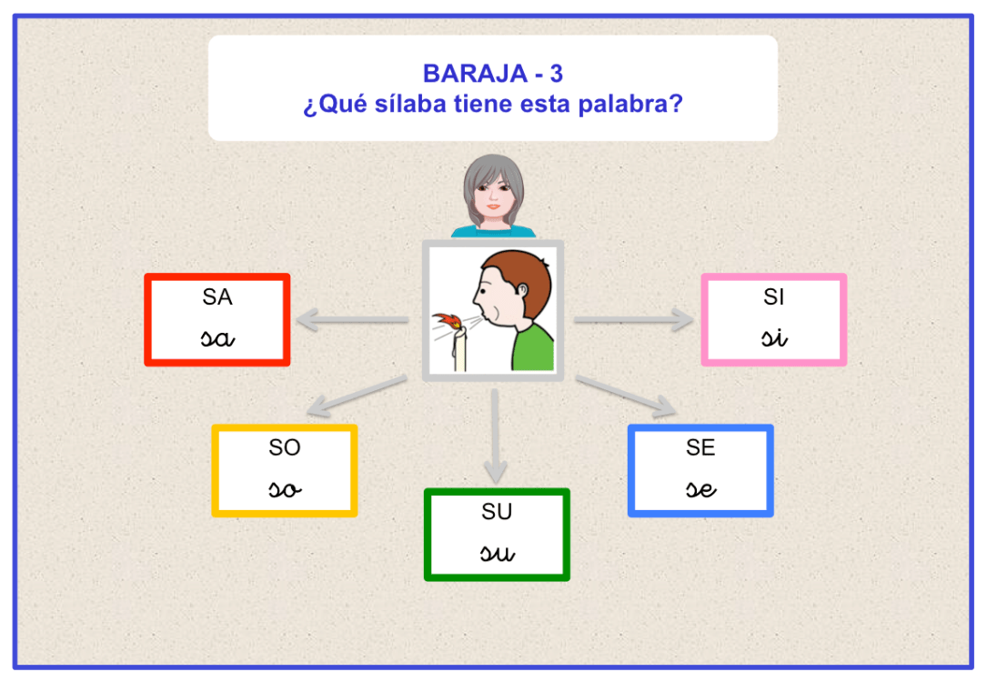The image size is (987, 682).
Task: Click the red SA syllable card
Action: pos(217,320)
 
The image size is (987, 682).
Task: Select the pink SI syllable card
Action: pos(774,320)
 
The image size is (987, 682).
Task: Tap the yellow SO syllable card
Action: pos(285,471)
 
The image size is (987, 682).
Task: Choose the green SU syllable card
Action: pos(497,535)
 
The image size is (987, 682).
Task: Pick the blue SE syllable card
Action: pos(700,471)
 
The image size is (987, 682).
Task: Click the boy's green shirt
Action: pos(534,350)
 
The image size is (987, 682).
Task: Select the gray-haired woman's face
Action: pos(494,194)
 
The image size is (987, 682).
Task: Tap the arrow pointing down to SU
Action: pos(494,436)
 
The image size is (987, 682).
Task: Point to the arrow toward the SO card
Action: pos(355,396)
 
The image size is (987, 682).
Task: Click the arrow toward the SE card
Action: pos(628,395)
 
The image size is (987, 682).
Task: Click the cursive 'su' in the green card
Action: pos(497,552)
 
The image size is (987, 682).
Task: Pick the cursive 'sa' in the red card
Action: pos(218,338)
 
